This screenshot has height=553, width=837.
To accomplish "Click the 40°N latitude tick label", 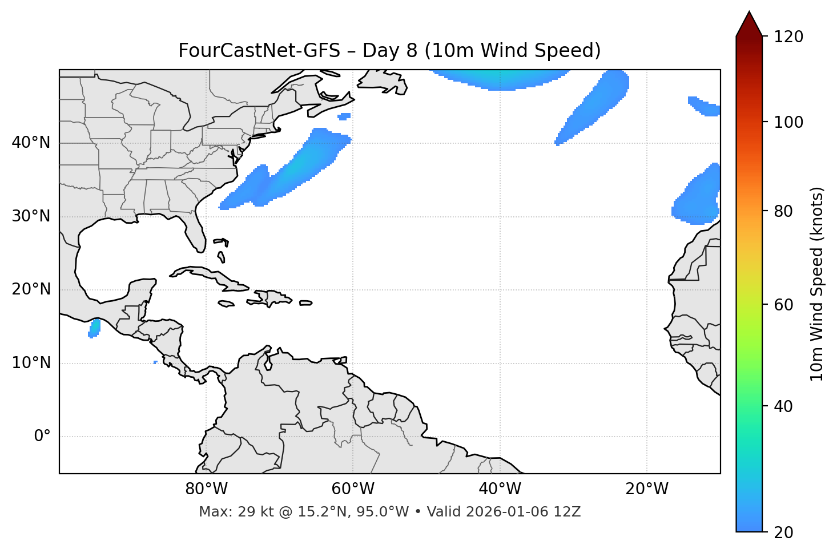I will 31,143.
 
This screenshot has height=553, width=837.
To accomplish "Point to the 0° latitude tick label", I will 42,437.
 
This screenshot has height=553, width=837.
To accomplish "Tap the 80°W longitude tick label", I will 206,489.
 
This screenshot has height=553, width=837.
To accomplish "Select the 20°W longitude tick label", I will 647,489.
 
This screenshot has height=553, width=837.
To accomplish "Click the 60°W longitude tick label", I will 352,489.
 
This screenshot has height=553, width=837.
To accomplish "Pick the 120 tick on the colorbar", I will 788,37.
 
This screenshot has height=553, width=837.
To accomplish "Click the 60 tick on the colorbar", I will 784,305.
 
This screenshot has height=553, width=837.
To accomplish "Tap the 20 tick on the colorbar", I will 784,532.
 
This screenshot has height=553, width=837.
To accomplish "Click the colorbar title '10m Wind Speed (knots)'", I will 817,284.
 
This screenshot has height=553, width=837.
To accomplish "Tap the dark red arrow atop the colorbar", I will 749,25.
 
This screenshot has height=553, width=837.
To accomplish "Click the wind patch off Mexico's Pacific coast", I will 94,328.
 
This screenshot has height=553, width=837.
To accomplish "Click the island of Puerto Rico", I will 306,303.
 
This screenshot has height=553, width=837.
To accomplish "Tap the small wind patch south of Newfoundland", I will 344,116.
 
